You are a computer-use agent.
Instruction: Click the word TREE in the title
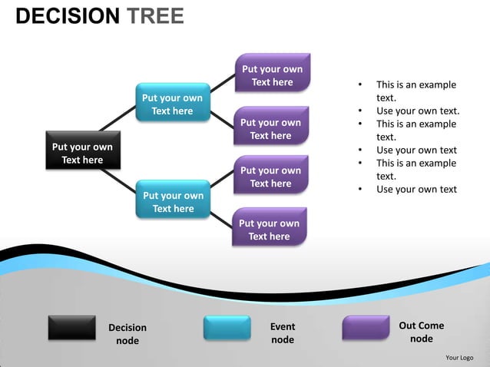pos(155,16)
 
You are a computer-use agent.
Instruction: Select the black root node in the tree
pos(81,152)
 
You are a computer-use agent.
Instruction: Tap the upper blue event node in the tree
pos(172,103)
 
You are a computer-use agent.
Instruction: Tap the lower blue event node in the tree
pos(173,200)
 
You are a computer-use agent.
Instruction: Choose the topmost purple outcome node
pos(272,74)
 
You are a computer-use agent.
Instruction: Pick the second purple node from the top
pos(270,127)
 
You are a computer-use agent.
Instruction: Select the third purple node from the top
pos(270,176)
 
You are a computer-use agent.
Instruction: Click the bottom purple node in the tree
pos(269,229)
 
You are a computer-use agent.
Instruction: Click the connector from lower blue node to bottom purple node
pos(221,219)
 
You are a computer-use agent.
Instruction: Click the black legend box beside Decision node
pos(71,328)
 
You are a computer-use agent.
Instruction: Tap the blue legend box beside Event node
pos(227,328)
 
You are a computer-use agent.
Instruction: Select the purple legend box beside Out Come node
pos(366,328)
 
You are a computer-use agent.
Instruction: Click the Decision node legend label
pos(127,334)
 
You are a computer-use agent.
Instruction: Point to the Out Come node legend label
pos(421,332)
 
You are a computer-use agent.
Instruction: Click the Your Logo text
pos(459,357)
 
